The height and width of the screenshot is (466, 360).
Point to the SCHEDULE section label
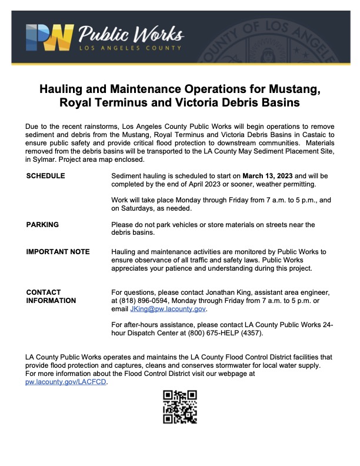tap(46, 176)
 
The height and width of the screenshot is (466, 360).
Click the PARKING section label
tap(42, 224)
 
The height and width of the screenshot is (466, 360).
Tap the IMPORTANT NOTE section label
tap(58, 252)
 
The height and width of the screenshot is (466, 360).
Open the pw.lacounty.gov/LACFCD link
tap(66, 381)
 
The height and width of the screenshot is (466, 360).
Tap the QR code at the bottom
tap(179, 407)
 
